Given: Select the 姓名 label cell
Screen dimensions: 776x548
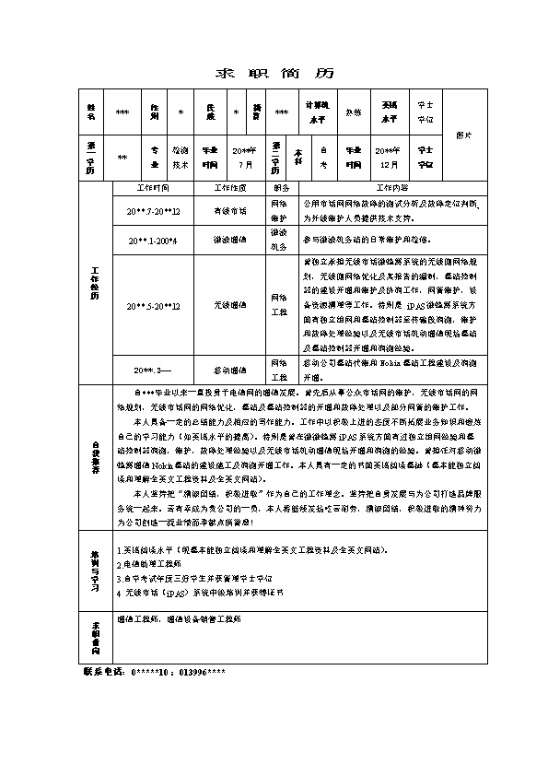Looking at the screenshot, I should (x=90, y=112).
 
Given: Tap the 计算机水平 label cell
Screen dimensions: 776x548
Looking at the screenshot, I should (x=316, y=112).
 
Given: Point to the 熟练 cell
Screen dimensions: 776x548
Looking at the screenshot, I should (x=354, y=112).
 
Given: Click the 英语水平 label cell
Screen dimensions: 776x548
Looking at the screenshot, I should (x=391, y=112).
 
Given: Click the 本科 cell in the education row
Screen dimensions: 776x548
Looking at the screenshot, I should (x=297, y=158).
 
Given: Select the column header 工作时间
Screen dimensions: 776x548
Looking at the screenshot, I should (x=152, y=187).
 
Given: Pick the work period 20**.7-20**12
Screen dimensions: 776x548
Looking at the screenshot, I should (x=153, y=211).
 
